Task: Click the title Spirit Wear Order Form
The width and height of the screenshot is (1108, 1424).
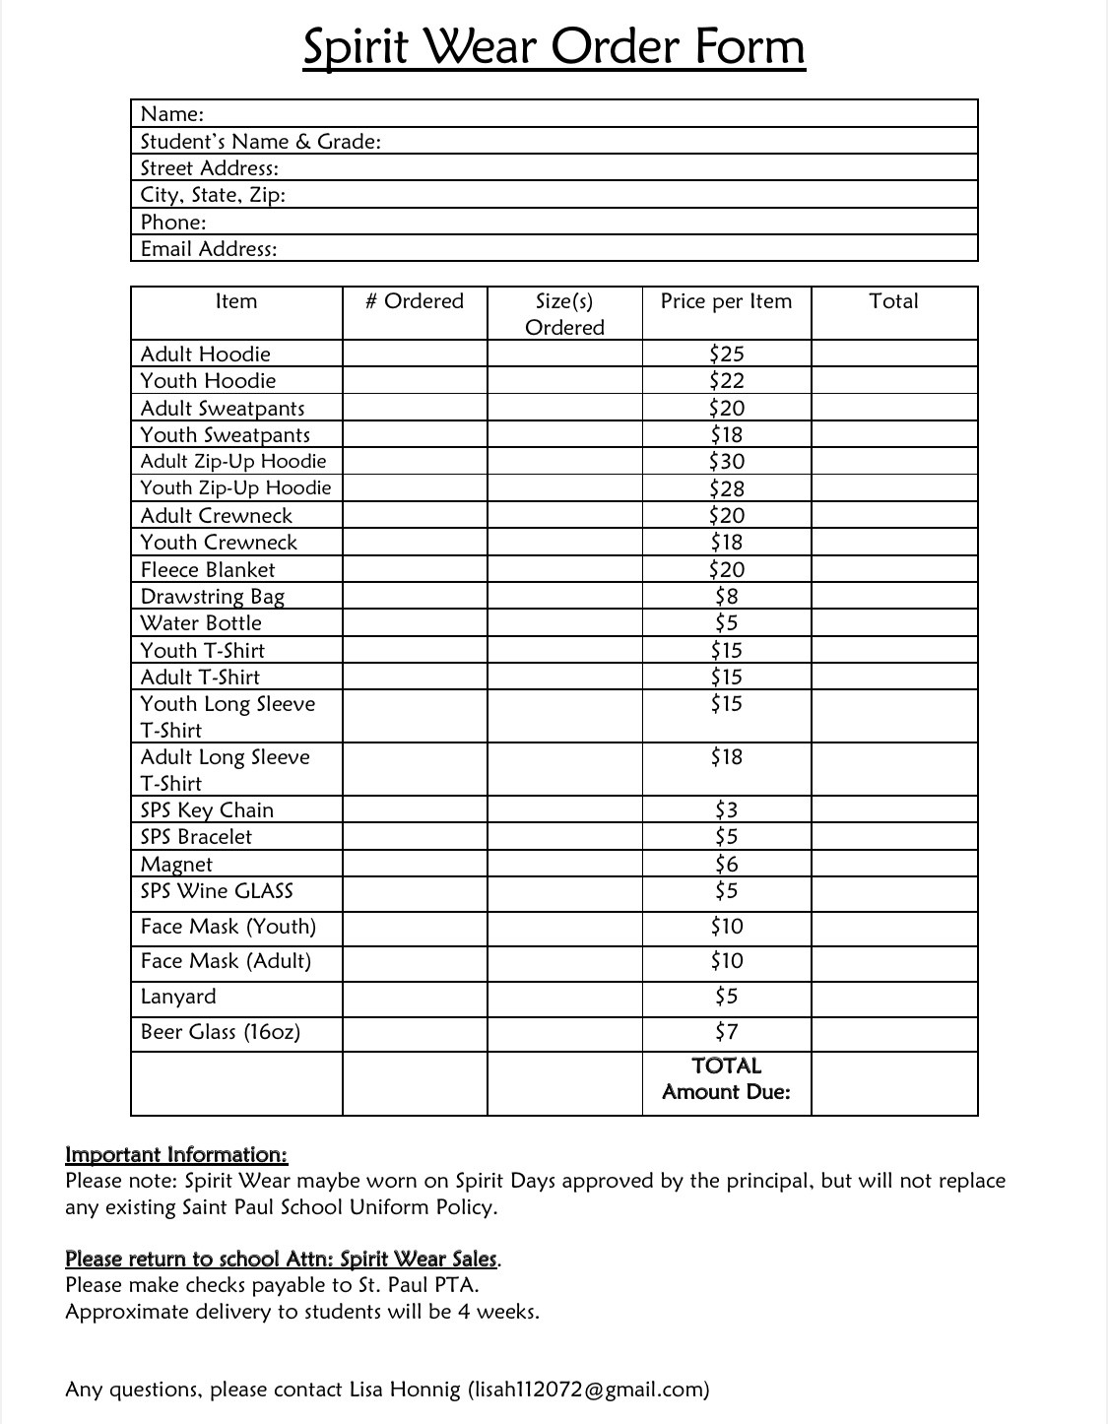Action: pyautogui.click(x=554, y=46)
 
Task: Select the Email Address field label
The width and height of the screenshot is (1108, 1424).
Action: pyautogui.click(x=209, y=249)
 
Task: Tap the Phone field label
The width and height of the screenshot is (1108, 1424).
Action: pyautogui.click(x=173, y=223)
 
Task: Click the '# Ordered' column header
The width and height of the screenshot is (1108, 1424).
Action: pyautogui.click(x=414, y=301)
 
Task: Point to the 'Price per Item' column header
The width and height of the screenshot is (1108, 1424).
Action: pyautogui.click(x=726, y=301)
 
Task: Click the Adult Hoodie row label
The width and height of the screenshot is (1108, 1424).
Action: pyautogui.click(x=205, y=355)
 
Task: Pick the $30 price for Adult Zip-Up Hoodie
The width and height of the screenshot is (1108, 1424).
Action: pyautogui.click(x=727, y=462)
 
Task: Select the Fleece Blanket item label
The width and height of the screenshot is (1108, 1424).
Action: pyautogui.click(x=208, y=570)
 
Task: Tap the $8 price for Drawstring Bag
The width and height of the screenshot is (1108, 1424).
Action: pyautogui.click(x=727, y=597)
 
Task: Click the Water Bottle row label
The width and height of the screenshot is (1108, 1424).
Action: pyautogui.click(x=201, y=623)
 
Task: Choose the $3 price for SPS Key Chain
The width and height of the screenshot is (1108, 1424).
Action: pyautogui.click(x=727, y=810)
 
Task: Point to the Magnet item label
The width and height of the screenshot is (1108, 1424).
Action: pyautogui.click(x=176, y=865)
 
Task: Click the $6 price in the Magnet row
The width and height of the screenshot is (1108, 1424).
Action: pyautogui.click(x=727, y=865)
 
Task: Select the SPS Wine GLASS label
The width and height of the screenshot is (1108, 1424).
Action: pyautogui.click(x=217, y=891)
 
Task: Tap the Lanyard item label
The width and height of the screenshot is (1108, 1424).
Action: pyautogui.click(x=178, y=997)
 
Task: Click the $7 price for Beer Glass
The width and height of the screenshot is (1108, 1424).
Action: pyautogui.click(x=727, y=1032)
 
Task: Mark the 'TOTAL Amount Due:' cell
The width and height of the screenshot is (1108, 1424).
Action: pyautogui.click(x=727, y=1079)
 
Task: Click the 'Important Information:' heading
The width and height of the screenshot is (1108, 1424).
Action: pyautogui.click(x=176, y=1155)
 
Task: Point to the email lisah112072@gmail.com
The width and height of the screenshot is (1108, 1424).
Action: pyautogui.click(x=589, y=1390)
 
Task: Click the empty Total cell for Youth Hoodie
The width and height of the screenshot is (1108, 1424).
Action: pyautogui.click(x=894, y=381)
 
